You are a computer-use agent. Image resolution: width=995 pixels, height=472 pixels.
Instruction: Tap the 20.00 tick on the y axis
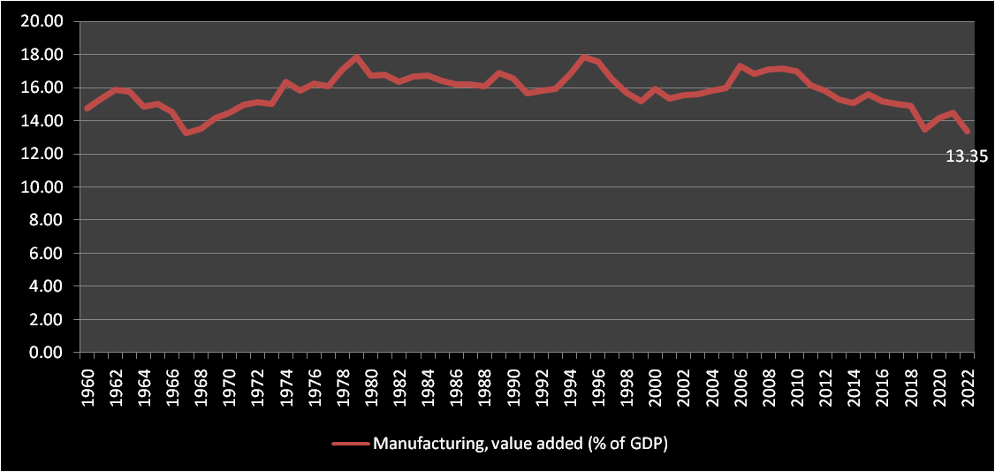42,21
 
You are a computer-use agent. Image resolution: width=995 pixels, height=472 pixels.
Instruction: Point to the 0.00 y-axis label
45,353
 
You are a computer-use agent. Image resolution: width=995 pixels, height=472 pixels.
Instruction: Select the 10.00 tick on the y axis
42,187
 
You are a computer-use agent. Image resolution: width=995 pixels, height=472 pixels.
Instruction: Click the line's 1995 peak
583,57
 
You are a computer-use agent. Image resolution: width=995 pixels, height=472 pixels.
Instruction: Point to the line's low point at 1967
186,133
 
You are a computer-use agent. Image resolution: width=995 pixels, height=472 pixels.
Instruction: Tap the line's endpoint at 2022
967,132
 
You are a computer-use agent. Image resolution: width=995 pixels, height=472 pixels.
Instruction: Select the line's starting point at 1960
87,109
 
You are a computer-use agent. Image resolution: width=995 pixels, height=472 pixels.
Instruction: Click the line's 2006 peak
740,66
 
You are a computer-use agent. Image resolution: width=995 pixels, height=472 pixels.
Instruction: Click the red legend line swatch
350,444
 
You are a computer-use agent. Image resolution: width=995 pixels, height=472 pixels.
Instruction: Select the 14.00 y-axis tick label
42,121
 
